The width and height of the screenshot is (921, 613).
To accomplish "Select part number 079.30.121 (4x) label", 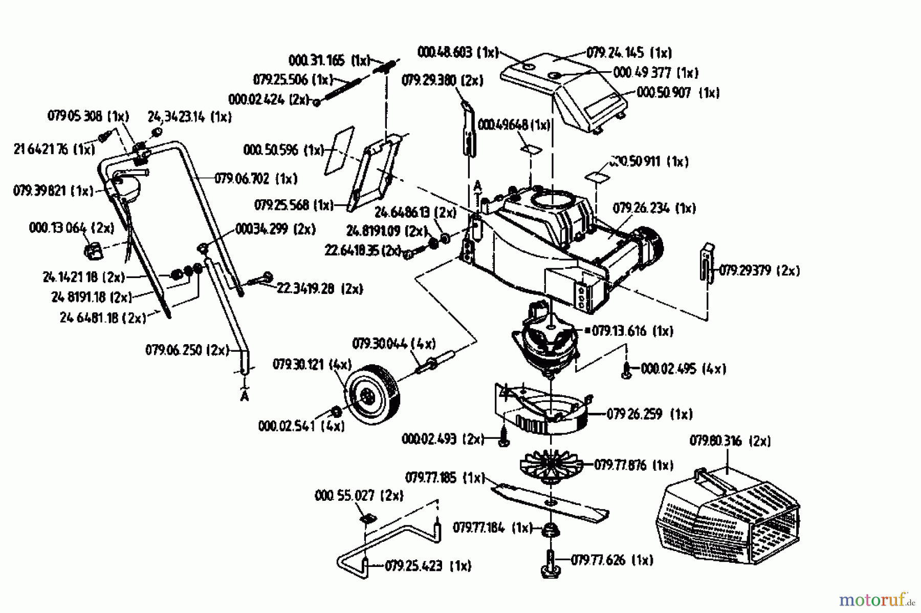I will [x=312, y=365].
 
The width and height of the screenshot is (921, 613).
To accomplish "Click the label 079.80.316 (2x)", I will [x=730, y=441].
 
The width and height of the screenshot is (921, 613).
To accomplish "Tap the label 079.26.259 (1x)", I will [x=649, y=414].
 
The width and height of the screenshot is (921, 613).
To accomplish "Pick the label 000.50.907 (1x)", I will [x=678, y=93].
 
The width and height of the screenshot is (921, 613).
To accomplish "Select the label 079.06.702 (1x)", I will [x=256, y=179].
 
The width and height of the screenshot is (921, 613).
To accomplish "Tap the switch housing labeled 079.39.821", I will [x=125, y=187].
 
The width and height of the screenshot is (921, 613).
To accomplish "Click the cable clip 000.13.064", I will [x=92, y=251].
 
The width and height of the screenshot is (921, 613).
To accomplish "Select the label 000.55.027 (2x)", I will [x=359, y=496].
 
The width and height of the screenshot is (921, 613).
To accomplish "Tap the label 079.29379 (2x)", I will [x=759, y=270].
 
